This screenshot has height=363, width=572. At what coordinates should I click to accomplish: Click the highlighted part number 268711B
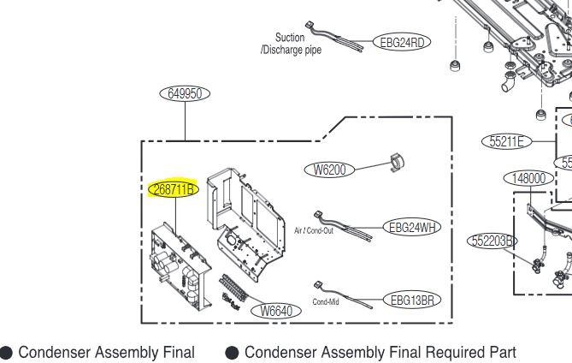pyautogui.click(x=173, y=189)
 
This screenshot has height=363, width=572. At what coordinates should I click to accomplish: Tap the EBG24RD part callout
pyautogui.click(x=401, y=42)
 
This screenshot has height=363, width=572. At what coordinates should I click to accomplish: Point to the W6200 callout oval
pyautogui.click(x=329, y=170)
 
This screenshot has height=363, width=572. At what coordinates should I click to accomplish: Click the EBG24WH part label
pyautogui.click(x=413, y=227)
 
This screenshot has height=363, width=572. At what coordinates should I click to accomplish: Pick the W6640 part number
pyautogui.click(x=280, y=311)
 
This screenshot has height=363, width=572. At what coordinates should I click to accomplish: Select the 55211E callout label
pyautogui.click(x=507, y=141)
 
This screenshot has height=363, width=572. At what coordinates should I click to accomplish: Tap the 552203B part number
pyautogui.click(x=493, y=241)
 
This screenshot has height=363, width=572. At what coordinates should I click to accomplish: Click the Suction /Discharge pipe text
pyautogui.click(x=291, y=44)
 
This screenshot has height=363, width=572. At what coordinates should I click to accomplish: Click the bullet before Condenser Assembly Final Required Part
pyautogui.click(x=231, y=352)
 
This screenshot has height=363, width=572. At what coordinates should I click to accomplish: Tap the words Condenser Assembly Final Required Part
pyautogui.click(x=380, y=352)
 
